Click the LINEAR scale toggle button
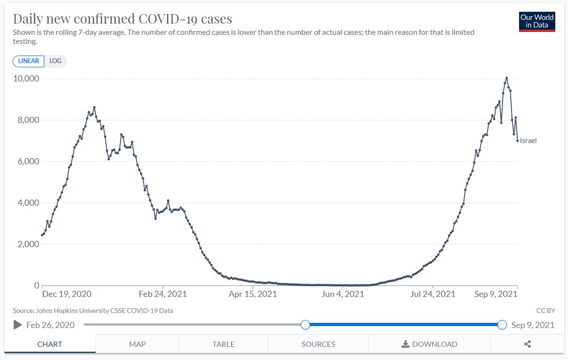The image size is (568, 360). pos(29,61)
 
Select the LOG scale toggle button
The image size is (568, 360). pos(56,61)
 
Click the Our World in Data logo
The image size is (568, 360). pos(537,22)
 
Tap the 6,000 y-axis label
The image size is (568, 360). pos(29,161)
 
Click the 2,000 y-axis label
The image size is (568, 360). pos(29,244)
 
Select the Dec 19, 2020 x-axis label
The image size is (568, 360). pos(66,294)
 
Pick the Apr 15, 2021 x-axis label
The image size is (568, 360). pos(253,294)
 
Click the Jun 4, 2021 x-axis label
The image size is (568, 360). pos(343,294)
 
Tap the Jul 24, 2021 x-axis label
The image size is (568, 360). pos(433,294)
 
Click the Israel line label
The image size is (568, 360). pos(528,141)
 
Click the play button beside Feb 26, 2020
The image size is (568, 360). pos(18,325)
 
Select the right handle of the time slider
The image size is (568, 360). pos(502,325)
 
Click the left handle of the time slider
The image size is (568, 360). pos(305,325)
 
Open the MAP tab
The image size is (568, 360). pos(137,344)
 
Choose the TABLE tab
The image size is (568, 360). pos(224,344)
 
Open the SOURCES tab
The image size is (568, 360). pos(318,344)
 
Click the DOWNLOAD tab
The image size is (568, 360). pos(429,344)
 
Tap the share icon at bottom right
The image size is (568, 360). pos(527,344)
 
